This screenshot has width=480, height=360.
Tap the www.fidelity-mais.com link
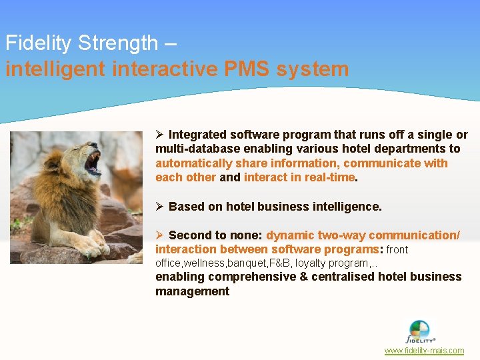click(424, 351)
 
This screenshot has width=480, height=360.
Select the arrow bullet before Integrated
click(160, 135)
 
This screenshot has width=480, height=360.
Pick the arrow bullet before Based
click(160, 207)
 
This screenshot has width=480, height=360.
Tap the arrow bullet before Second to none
click(160, 235)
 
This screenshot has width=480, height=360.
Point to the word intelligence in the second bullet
click(347, 207)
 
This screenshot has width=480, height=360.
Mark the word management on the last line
click(192, 291)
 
